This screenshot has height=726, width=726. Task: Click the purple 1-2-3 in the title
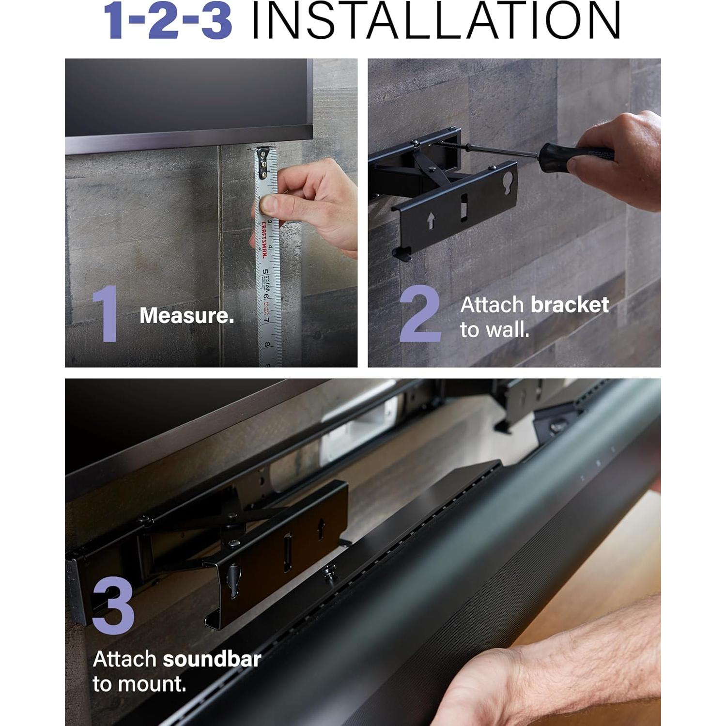pyautogui.click(x=167, y=22)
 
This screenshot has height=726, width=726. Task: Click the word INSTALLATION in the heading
pyautogui.click(x=436, y=22)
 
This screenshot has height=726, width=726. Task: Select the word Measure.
pyautogui.click(x=186, y=316)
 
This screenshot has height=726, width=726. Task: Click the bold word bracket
pyautogui.click(x=570, y=305)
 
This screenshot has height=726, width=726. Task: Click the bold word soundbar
pyautogui.click(x=212, y=660)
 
